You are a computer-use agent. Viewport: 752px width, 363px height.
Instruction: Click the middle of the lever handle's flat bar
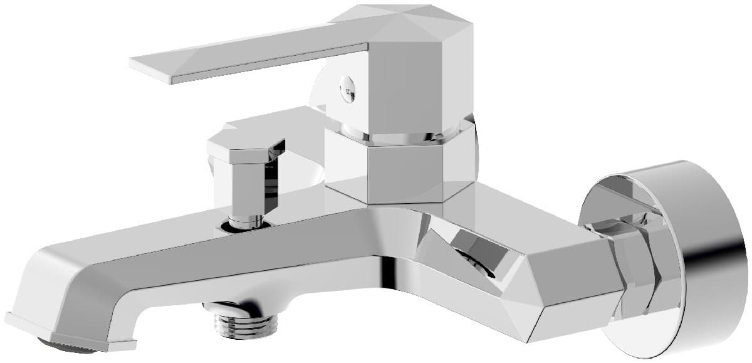click(x=251, y=53)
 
